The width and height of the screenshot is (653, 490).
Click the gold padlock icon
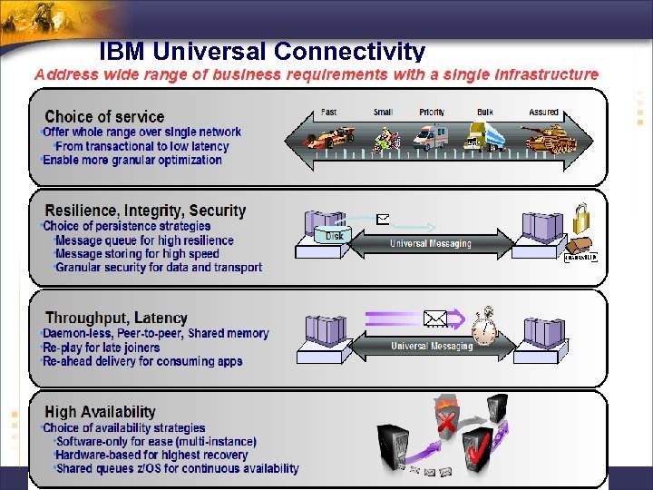pyautogui.click(x=580, y=218)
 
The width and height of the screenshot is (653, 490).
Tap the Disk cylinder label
pyautogui.click(x=335, y=236)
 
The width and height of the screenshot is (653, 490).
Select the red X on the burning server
pyautogui.click(x=445, y=422)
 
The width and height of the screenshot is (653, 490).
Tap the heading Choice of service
pyautogui.click(x=104, y=116)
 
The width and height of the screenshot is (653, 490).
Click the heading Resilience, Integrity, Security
pyautogui.click(x=145, y=211)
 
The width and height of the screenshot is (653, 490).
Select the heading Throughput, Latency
pyautogui.click(x=116, y=318)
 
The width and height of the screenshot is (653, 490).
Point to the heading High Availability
pyautogui.click(x=100, y=412)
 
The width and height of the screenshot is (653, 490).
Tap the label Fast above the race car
pyautogui.click(x=328, y=113)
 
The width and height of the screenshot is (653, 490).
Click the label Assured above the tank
pyautogui.click(x=543, y=113)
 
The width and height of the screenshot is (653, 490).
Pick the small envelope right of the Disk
pyautogui.click(x=383, y=219)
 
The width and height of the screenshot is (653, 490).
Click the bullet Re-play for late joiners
pyautogui.click(x=102, y=348)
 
